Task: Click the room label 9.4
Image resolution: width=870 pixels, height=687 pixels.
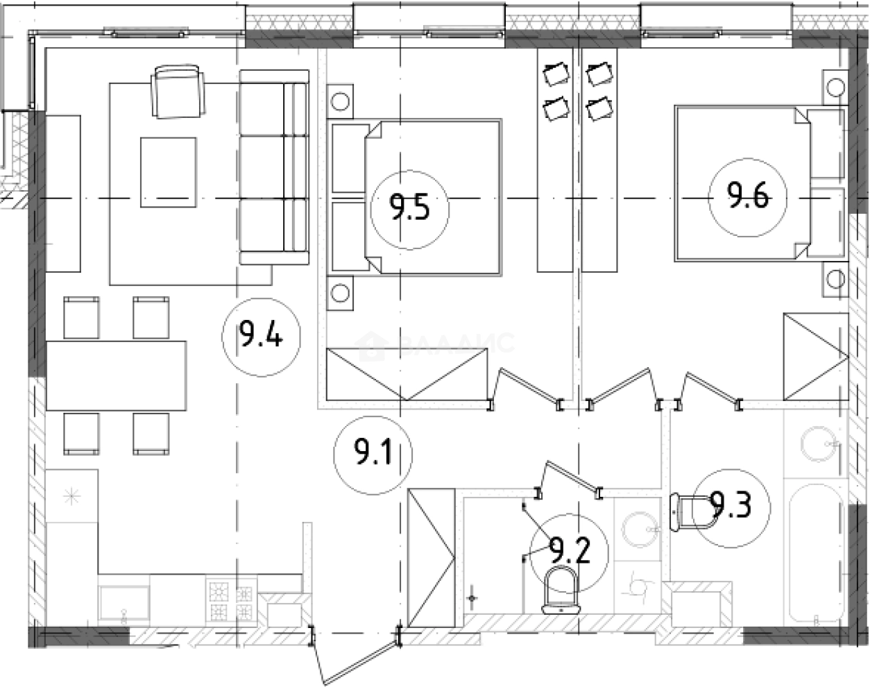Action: pyautogui.click(x=261, y=337)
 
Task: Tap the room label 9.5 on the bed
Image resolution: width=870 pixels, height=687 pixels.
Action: pyautogui.click(x=409, y=207)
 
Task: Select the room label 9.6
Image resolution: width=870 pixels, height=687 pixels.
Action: pyautogui.click(x=747, y=197)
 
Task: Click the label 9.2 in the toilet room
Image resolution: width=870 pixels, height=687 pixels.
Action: pyautogui.click(x=569, y=552)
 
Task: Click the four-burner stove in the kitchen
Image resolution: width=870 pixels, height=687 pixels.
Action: pyautogui.click(x=231, y=601)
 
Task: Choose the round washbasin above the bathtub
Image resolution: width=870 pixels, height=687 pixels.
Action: pyautogui.click(x=819, y=443)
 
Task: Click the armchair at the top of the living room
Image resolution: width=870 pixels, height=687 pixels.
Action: pyautogui.click(x=179, y=92)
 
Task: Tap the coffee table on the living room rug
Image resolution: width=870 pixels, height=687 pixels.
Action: pyautogui.click(x=168, y=171)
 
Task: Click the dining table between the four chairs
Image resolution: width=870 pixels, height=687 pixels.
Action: pyautogui.click(x=116, y=375)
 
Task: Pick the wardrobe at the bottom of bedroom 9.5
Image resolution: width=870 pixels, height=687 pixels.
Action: pyautogui.click(x=407, y=375)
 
